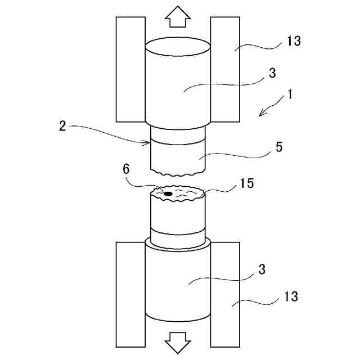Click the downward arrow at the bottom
(178, 341)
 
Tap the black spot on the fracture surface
(168, 193)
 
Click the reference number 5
(280, 147)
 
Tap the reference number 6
(127, 169)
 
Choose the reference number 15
(246, 183)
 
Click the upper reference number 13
(293, 40)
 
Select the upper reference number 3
(272, 73)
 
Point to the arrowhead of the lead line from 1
(260, 115)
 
